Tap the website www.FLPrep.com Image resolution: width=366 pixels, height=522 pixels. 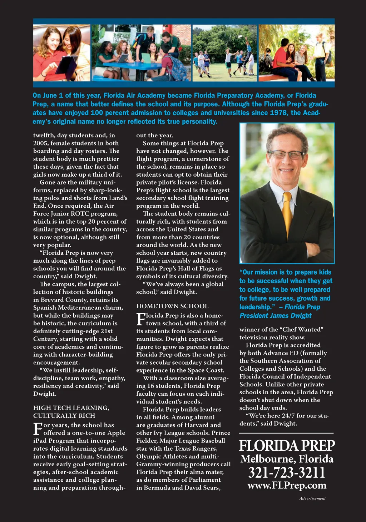click(x=287, y=485)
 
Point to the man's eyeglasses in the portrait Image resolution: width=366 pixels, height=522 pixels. click(x=287, y=154)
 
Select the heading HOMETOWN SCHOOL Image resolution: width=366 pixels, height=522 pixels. click(x=172, y=306)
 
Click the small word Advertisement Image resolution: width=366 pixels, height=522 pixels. click(x=312, y=498)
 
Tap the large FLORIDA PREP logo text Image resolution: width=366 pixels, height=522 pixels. click(x=287, y=446)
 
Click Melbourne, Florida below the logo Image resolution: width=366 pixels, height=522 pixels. click(x=287, y=459)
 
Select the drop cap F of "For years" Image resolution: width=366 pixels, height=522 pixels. click(x=38, y=429)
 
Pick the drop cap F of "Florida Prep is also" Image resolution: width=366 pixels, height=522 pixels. click(x=140, y=319)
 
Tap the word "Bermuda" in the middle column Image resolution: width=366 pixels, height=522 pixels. click(x=157, y=488)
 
